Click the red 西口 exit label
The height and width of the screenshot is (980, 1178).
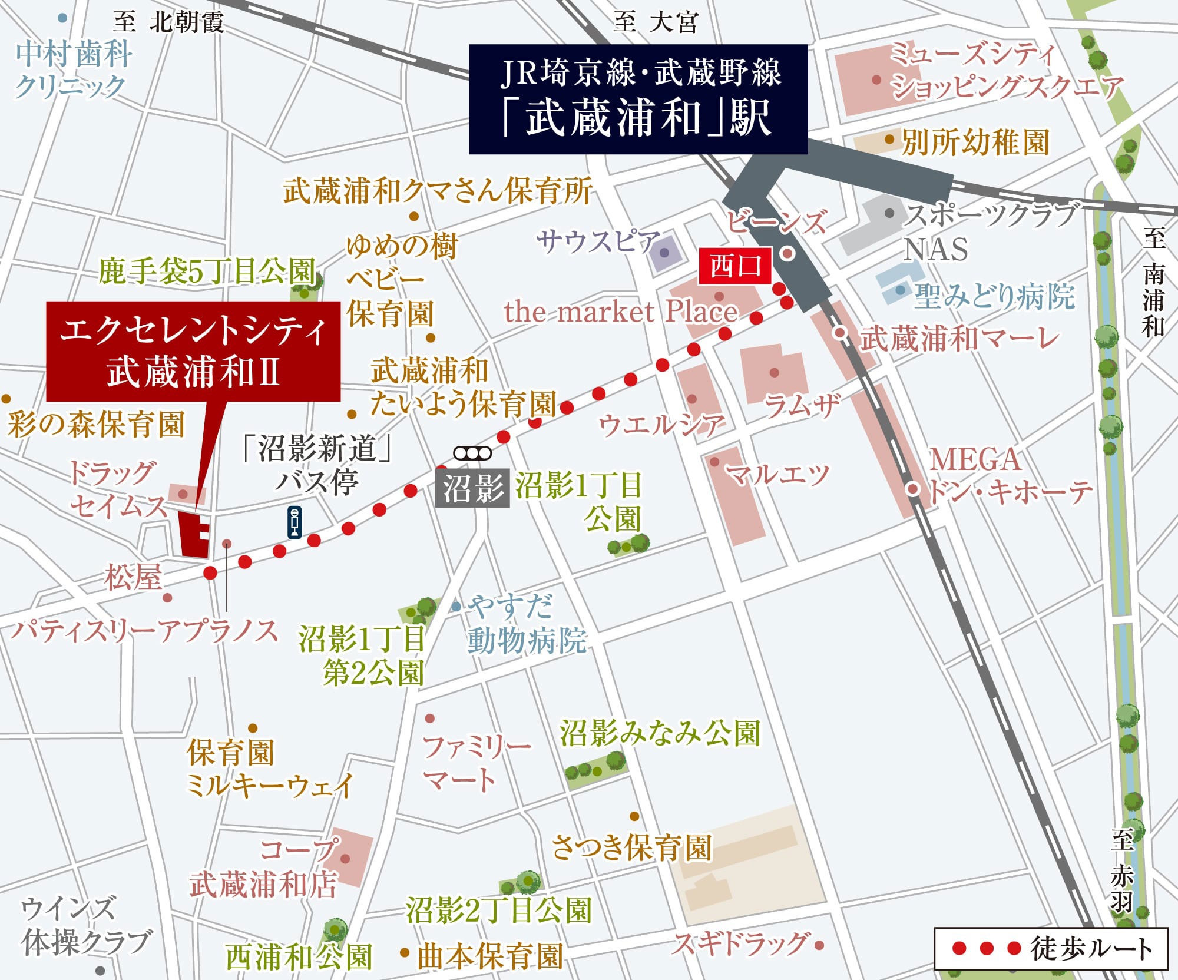[x=734, y=266]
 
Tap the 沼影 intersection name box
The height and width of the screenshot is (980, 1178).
[x=472, y=488]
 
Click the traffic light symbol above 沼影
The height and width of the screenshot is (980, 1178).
[x=472, y=453]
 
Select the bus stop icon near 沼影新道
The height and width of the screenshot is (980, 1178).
[x=294, y=522]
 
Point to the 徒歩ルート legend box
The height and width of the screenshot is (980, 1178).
[x=1051, y=948]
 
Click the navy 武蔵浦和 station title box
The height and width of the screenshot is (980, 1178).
[x=638, y=99]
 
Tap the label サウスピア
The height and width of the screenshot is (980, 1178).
[x=598, y=241]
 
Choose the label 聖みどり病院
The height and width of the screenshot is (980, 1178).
[x=994, y=296]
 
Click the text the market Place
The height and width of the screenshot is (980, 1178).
[x=621, y=312]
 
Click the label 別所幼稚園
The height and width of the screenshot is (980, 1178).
[x=975, y=142]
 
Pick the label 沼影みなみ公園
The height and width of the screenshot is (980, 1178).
[x=660, y=734]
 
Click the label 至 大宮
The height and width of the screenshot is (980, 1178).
[x=655, y=22]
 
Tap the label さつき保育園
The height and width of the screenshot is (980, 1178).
[x=631, y=848]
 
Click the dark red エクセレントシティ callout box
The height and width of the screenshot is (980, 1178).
[x=193, y=351]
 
